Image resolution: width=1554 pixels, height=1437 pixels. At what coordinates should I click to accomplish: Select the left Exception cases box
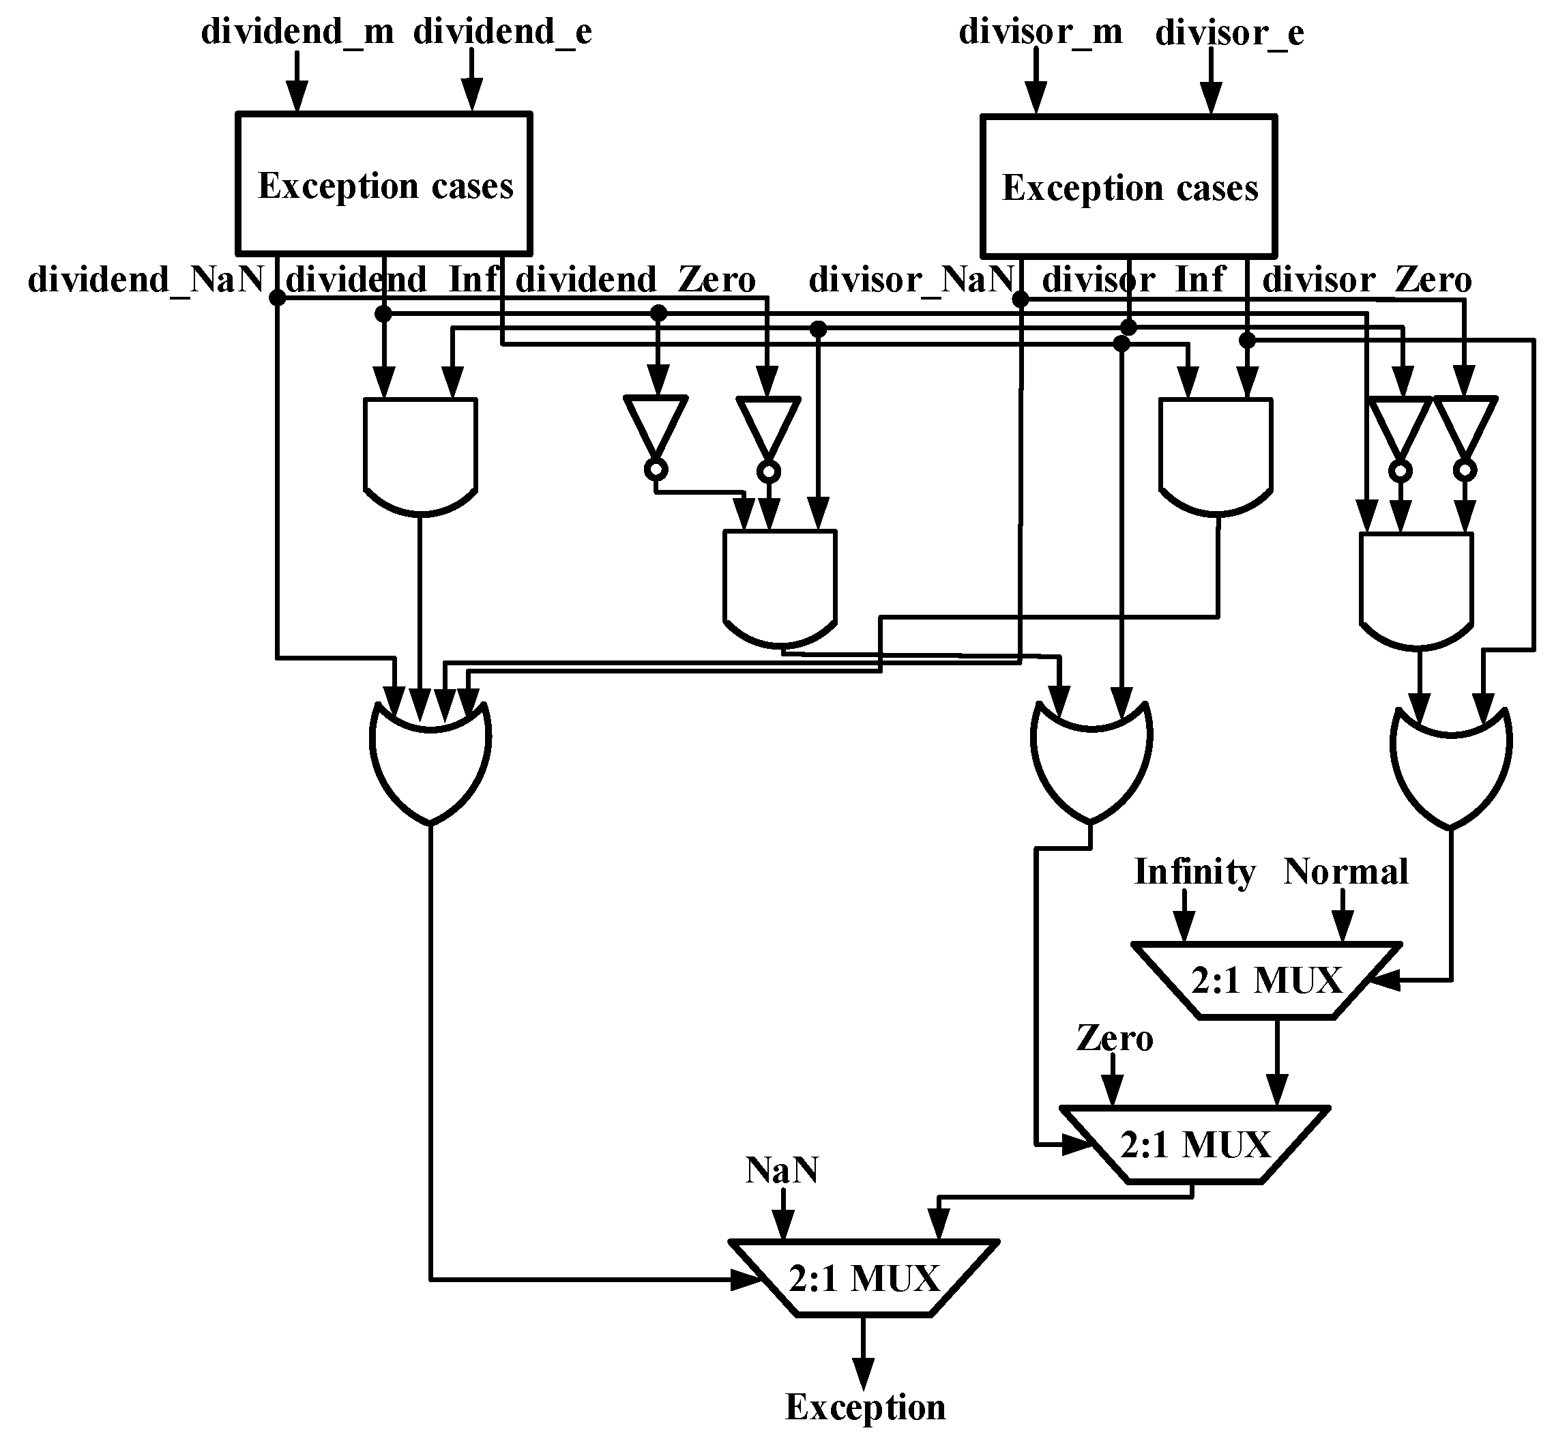point(384,184)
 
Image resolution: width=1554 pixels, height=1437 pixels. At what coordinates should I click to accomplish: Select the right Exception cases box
point(1129,187)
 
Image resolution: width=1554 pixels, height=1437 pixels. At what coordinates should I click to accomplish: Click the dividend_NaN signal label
point(146,279)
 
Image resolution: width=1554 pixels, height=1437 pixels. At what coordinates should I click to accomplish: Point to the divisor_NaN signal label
point(911,279)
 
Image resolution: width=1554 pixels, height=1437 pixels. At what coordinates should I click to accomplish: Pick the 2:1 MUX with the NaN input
point(863,1277)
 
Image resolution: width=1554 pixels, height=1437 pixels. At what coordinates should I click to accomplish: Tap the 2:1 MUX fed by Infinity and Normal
point(1266,981)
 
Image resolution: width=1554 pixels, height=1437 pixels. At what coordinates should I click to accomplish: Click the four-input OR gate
point(430,762)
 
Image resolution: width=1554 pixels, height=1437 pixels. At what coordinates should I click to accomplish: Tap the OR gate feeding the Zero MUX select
point(1091,762)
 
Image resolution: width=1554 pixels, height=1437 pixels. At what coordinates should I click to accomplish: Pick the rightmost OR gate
point(1450,766)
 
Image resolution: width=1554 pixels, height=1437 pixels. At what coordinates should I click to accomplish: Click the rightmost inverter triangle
point(1465,428)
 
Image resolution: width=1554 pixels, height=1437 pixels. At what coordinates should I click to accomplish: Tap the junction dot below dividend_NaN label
point(277,297)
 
